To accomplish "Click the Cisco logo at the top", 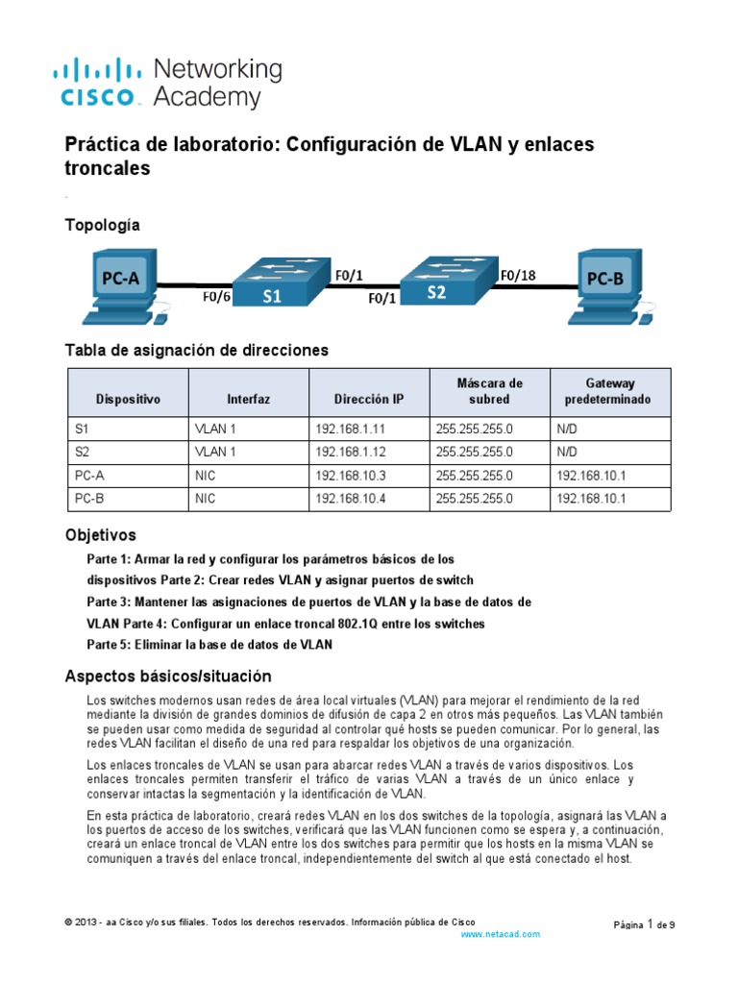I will (x=101, y=83).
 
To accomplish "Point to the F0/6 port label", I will (x=216, y=298).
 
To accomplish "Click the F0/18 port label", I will (x=518, y=275).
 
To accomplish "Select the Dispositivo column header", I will (x=128, y=398).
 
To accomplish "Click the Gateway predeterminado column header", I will (x=610, y=390).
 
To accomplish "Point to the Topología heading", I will (x=102, y=225).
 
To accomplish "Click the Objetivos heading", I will (x=100, y=534).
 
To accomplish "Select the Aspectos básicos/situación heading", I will (x=167, y=676).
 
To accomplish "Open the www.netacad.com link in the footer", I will (x=501, y=933).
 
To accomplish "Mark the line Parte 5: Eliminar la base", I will (x=209, y=645).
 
